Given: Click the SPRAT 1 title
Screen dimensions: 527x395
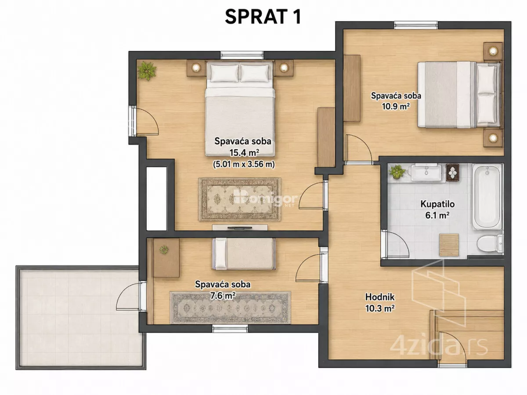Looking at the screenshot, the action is point(263,17).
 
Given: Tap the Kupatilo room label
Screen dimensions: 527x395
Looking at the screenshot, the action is point(437,204).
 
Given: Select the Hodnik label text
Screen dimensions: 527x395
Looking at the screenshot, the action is point(380,297).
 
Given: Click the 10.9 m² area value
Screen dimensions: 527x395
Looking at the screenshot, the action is point(396,106).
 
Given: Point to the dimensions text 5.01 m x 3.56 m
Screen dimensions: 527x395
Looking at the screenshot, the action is point(244,164).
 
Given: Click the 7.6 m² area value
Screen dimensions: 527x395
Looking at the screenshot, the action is point(223,296).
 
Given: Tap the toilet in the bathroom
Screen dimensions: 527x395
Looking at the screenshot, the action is point(490,243).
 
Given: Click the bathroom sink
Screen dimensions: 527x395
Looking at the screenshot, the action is point(426,172).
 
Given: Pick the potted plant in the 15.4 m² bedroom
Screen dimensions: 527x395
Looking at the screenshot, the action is point(147,71).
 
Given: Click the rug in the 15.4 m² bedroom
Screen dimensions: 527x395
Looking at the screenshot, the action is point(240,199).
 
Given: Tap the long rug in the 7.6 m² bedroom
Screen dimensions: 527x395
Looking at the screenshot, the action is point(230,308).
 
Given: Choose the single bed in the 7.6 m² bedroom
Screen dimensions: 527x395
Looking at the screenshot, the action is point(244,254).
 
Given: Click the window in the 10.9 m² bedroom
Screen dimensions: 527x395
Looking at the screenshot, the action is point(415,25).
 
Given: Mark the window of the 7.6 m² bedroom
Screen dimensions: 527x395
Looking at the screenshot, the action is point(230,329).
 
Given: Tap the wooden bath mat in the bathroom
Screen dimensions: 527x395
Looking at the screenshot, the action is point(449,245).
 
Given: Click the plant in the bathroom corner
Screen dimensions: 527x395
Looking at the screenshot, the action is point(397,171).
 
